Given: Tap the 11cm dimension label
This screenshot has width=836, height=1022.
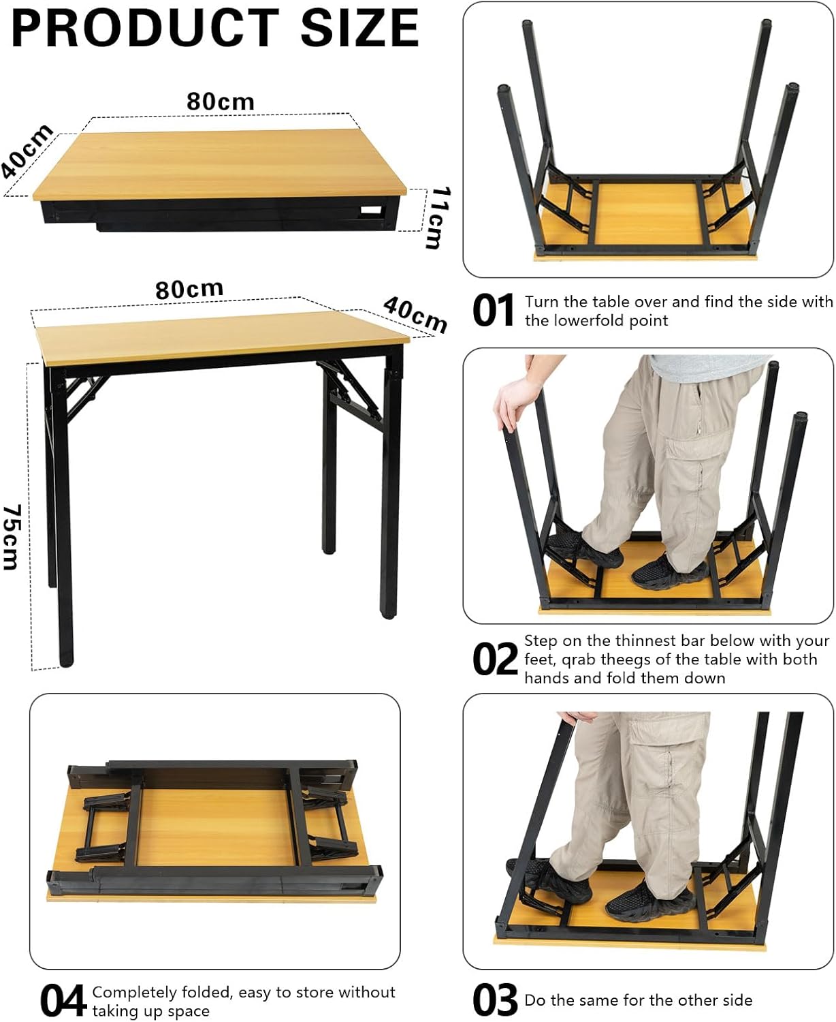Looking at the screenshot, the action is (x=440, y=217).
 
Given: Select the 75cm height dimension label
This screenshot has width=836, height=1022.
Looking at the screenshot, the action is (x=12, y=537).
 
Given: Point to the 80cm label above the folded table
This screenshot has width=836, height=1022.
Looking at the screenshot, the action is (x=221, y=102).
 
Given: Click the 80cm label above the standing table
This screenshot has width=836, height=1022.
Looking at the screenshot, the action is (x=189, y=290).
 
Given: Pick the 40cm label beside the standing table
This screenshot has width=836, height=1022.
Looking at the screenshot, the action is (x=415, y=315).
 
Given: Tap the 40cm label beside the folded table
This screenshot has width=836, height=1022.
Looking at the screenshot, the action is (x=27, y=151).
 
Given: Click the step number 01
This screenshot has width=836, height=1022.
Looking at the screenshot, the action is (x=493, y=311).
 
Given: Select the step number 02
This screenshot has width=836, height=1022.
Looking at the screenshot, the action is (x=494, y=659).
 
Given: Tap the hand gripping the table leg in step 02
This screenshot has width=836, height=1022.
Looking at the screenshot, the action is (x=517, y=402).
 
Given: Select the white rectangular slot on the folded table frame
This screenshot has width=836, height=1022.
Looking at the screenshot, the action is (x=371, y=211).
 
